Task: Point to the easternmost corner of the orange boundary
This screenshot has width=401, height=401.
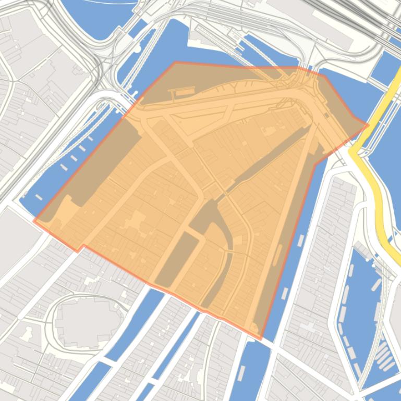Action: pos(368,124)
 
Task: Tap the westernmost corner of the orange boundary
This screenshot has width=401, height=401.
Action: pos(34,221)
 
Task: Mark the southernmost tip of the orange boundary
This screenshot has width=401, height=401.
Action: pos(260,339)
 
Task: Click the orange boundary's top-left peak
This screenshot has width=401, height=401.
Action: pos(175,62)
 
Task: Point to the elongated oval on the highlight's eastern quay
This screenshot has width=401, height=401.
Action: pos(277,255)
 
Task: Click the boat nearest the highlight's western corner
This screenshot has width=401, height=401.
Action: pos(39,197)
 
